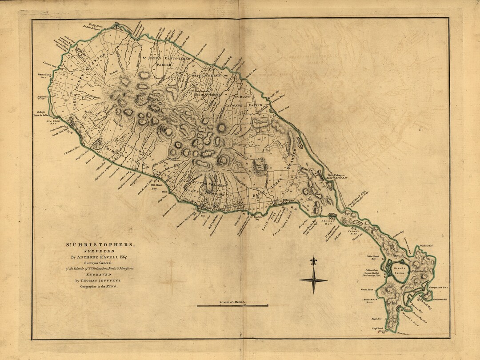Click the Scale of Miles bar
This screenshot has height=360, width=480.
click(232, 305)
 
